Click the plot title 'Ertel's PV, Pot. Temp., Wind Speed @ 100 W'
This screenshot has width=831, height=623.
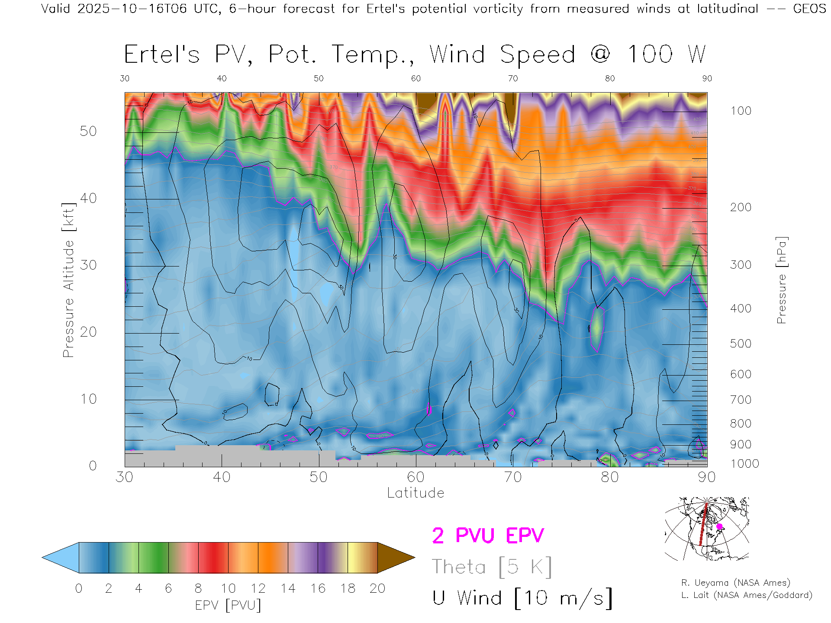tap(415, 55)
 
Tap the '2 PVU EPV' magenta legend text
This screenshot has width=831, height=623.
tap(488, 536)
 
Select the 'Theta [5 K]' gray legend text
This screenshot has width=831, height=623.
tap(492, 567)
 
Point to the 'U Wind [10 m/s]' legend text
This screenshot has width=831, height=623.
tap(522, 598)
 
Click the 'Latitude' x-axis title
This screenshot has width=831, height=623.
tap(415, 493)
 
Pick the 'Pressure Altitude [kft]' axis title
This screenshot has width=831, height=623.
tap(68, 280)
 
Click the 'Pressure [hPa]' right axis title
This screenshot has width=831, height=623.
tap(781, 280)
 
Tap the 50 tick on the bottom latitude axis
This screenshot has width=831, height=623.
tap(319, 477)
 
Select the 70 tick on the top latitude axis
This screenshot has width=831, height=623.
tap(512, 78)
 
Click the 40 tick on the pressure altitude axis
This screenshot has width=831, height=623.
tap(88, 198)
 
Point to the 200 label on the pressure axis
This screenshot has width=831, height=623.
tap(741, 207)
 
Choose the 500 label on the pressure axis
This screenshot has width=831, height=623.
tap(741, 344)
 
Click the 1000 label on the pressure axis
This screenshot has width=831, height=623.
tap(744, 464)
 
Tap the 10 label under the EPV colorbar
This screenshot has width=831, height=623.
tap(228, 588)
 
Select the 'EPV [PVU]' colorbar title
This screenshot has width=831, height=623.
tap(228, 605)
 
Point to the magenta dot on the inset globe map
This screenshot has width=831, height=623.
tap(719, 527)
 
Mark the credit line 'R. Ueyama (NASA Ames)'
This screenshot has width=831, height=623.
tap(735, 583)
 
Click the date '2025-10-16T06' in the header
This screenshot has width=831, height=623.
tap(132, 9)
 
